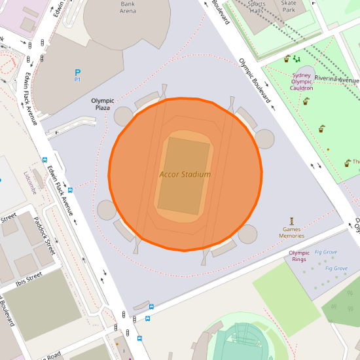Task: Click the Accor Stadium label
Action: (185, 174)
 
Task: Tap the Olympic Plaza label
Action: (103, 103)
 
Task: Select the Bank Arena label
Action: (128, 7)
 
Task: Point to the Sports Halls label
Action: (256, 7)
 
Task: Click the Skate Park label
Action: (289, 7)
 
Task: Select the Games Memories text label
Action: (292, 232)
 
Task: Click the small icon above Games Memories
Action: (292, 221)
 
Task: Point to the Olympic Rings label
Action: (299, 256)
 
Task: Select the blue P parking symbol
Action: (77, 73)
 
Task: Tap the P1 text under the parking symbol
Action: (77, 80)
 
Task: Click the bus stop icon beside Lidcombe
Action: (45, 159)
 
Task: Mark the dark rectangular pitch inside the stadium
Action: (184, 175)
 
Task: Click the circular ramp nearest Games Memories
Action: (248, 234)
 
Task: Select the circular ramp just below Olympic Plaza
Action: (124, 117)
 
